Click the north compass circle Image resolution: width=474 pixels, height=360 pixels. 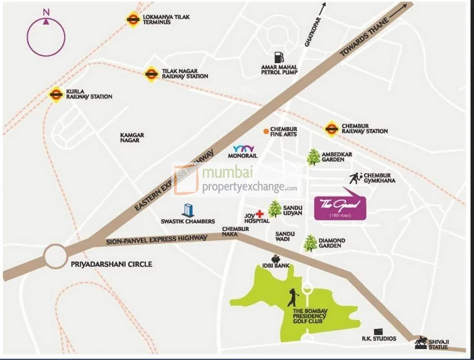46,37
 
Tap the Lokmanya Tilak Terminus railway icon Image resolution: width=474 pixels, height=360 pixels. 133,19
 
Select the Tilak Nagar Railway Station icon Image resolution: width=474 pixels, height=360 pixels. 152,74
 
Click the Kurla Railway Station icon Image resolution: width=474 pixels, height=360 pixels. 56,94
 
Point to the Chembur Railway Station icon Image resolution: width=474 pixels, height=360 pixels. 331,128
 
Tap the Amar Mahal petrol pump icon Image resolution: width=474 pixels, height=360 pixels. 279,57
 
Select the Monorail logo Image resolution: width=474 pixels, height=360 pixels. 243,149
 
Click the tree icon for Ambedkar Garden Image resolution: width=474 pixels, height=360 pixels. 314,157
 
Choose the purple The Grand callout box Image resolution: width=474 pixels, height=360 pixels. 340,208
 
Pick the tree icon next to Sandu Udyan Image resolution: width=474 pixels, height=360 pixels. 275,209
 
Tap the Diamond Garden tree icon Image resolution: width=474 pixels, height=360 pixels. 310,243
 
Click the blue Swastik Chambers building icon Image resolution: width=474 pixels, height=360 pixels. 188,210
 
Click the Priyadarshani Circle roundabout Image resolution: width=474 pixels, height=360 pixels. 56,256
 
